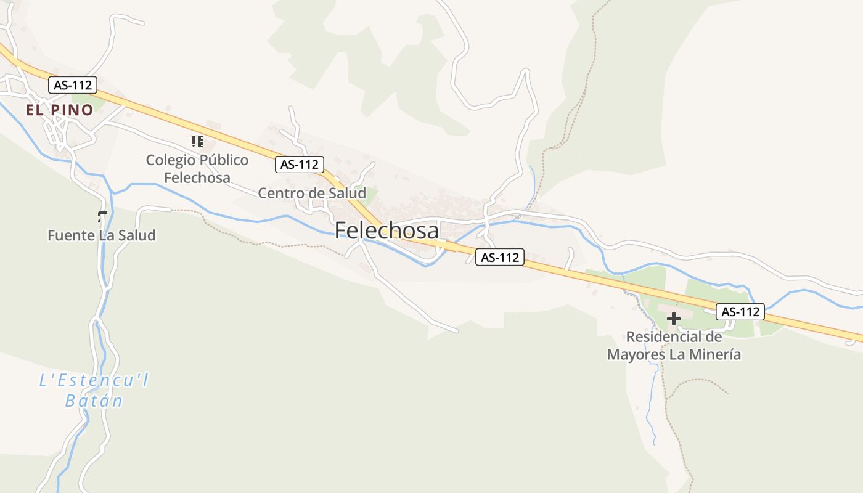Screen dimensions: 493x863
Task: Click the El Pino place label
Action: (59, 110)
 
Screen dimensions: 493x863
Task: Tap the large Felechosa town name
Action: (387, 230)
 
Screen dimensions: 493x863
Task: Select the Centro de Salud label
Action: (311, 193)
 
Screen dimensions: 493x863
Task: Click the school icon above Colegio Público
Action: (197, 142)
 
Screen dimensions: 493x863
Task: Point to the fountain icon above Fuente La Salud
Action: (102, 216)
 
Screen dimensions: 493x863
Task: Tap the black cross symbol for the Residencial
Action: (674, 319)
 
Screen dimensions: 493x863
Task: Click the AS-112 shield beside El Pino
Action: (73, 85)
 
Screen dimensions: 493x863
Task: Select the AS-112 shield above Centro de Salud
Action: (299, 165)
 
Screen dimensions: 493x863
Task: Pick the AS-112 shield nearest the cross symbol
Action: (740, 312)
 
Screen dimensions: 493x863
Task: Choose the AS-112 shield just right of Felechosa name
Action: (499, 257)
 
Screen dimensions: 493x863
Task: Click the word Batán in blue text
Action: (94, 401)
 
